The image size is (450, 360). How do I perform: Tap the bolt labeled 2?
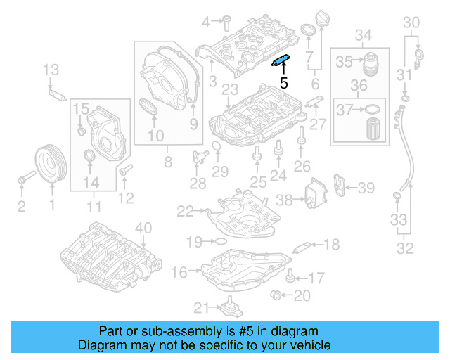pyautogui.click(x=24, y=178)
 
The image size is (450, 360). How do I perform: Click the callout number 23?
pyautogui.click(x=228, y=89)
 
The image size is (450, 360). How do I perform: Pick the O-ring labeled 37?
pyautogui.click(x=372, y=110)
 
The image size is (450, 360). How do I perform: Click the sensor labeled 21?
pyautogui.click(x=229, y=307)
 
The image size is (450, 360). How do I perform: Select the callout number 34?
pyautogui.click(x=363, y=34)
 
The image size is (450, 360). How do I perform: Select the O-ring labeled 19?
pyautogui.click(x=219, y=241)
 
